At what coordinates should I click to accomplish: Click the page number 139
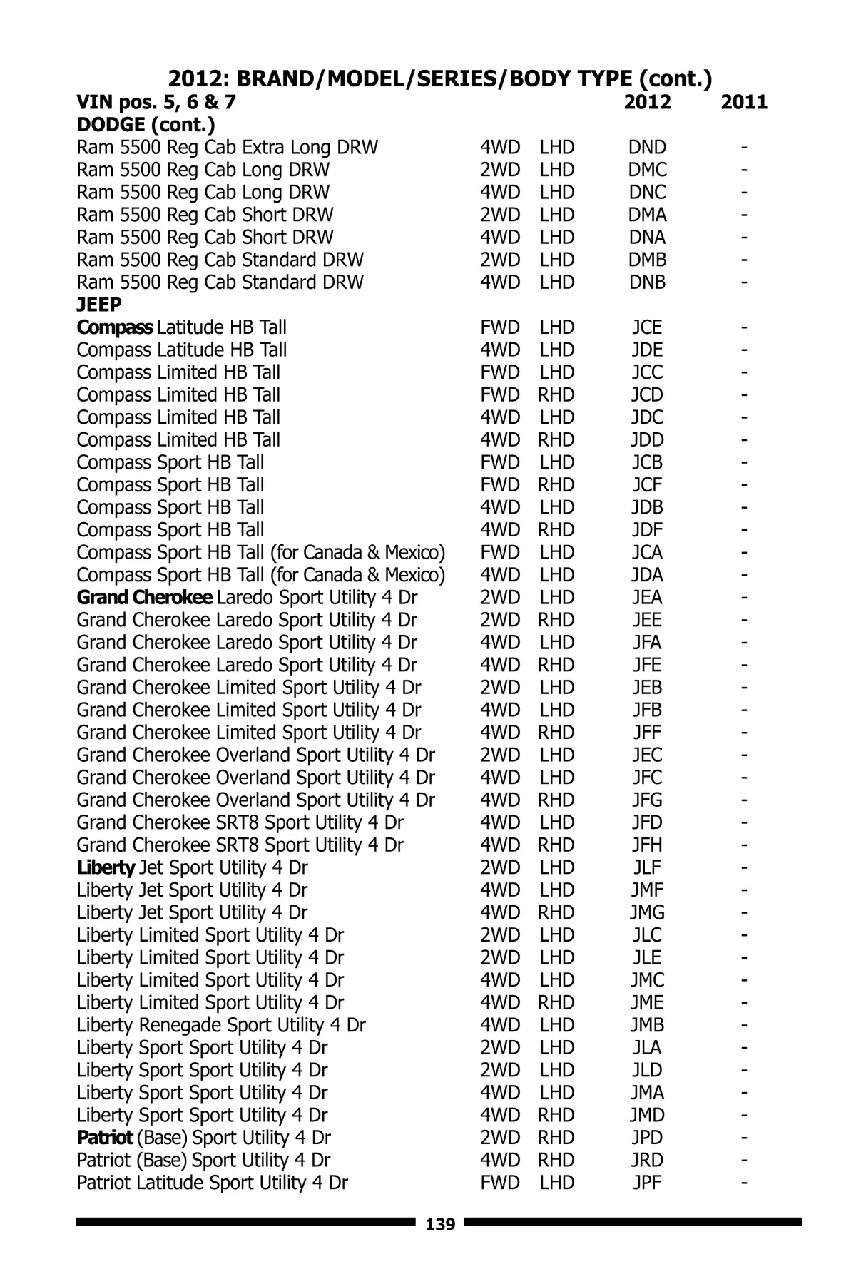coord(439,1225)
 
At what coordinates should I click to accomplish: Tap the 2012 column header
coord(647,102)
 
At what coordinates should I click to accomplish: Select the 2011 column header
coord(744,102)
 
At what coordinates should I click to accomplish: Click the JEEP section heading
coord(99,305)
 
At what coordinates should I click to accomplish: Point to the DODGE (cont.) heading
coord(146,125)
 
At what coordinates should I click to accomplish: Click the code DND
coord(647,148)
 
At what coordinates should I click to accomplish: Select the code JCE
coord(647,327)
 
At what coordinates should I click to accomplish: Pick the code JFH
coord(647,845)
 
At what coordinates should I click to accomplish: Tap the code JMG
coord(647,912)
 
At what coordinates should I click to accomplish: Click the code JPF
coord(647,1183)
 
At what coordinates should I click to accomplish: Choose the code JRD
coord(647,1160)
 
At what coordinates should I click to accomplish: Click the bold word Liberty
coord(106,867)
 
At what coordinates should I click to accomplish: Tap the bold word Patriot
coord(105,1138)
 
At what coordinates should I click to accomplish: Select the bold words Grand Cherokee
coord(144,597)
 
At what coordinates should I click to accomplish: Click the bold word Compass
coord(114,327)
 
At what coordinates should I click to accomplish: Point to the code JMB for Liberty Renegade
coord(647,1025)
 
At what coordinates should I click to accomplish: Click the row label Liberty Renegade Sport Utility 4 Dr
coord(221,1025)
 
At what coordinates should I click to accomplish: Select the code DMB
coord(647,260)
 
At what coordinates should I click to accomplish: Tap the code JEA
coord(647,597)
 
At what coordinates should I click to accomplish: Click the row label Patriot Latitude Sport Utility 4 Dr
coord(212,1183)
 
